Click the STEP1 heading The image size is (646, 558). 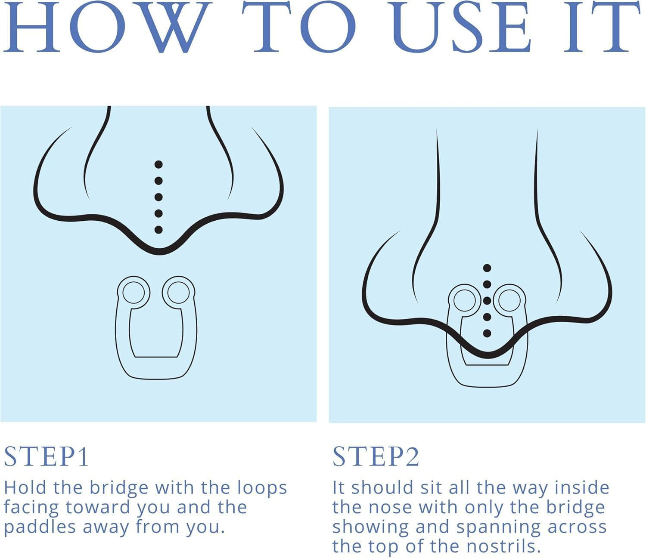pyautogui.click(x=46, y=457)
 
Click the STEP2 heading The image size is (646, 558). pyautogui.click(x=376, y=457)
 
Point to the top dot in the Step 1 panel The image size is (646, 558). pyautogui.click(x=158, y=164)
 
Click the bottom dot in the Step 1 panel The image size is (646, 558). pyautogui.click(x=158, y=229)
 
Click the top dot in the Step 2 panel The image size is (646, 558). pyautogui.click(x=487, y=268)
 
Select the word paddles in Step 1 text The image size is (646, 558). pyautogui.click(x=40, y=528)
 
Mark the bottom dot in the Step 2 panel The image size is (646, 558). pyautogui.click(x=487, y=333)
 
